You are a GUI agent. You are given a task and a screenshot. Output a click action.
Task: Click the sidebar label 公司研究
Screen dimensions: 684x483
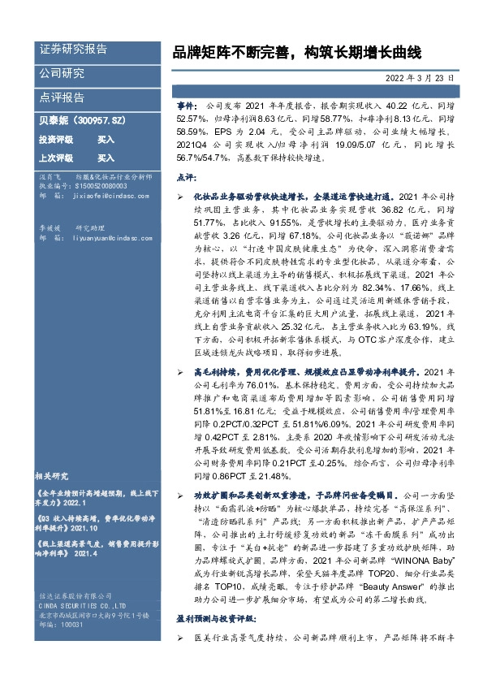pos(62,74)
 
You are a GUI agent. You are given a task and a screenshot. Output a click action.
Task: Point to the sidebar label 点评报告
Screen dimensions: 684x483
pos(62,97)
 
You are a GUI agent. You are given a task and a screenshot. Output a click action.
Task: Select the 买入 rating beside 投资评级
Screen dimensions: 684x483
pos(106,140)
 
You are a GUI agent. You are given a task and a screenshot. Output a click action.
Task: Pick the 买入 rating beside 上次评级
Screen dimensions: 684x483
pos(106,158)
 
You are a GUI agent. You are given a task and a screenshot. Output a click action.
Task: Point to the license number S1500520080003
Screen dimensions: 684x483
pos(94,185)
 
